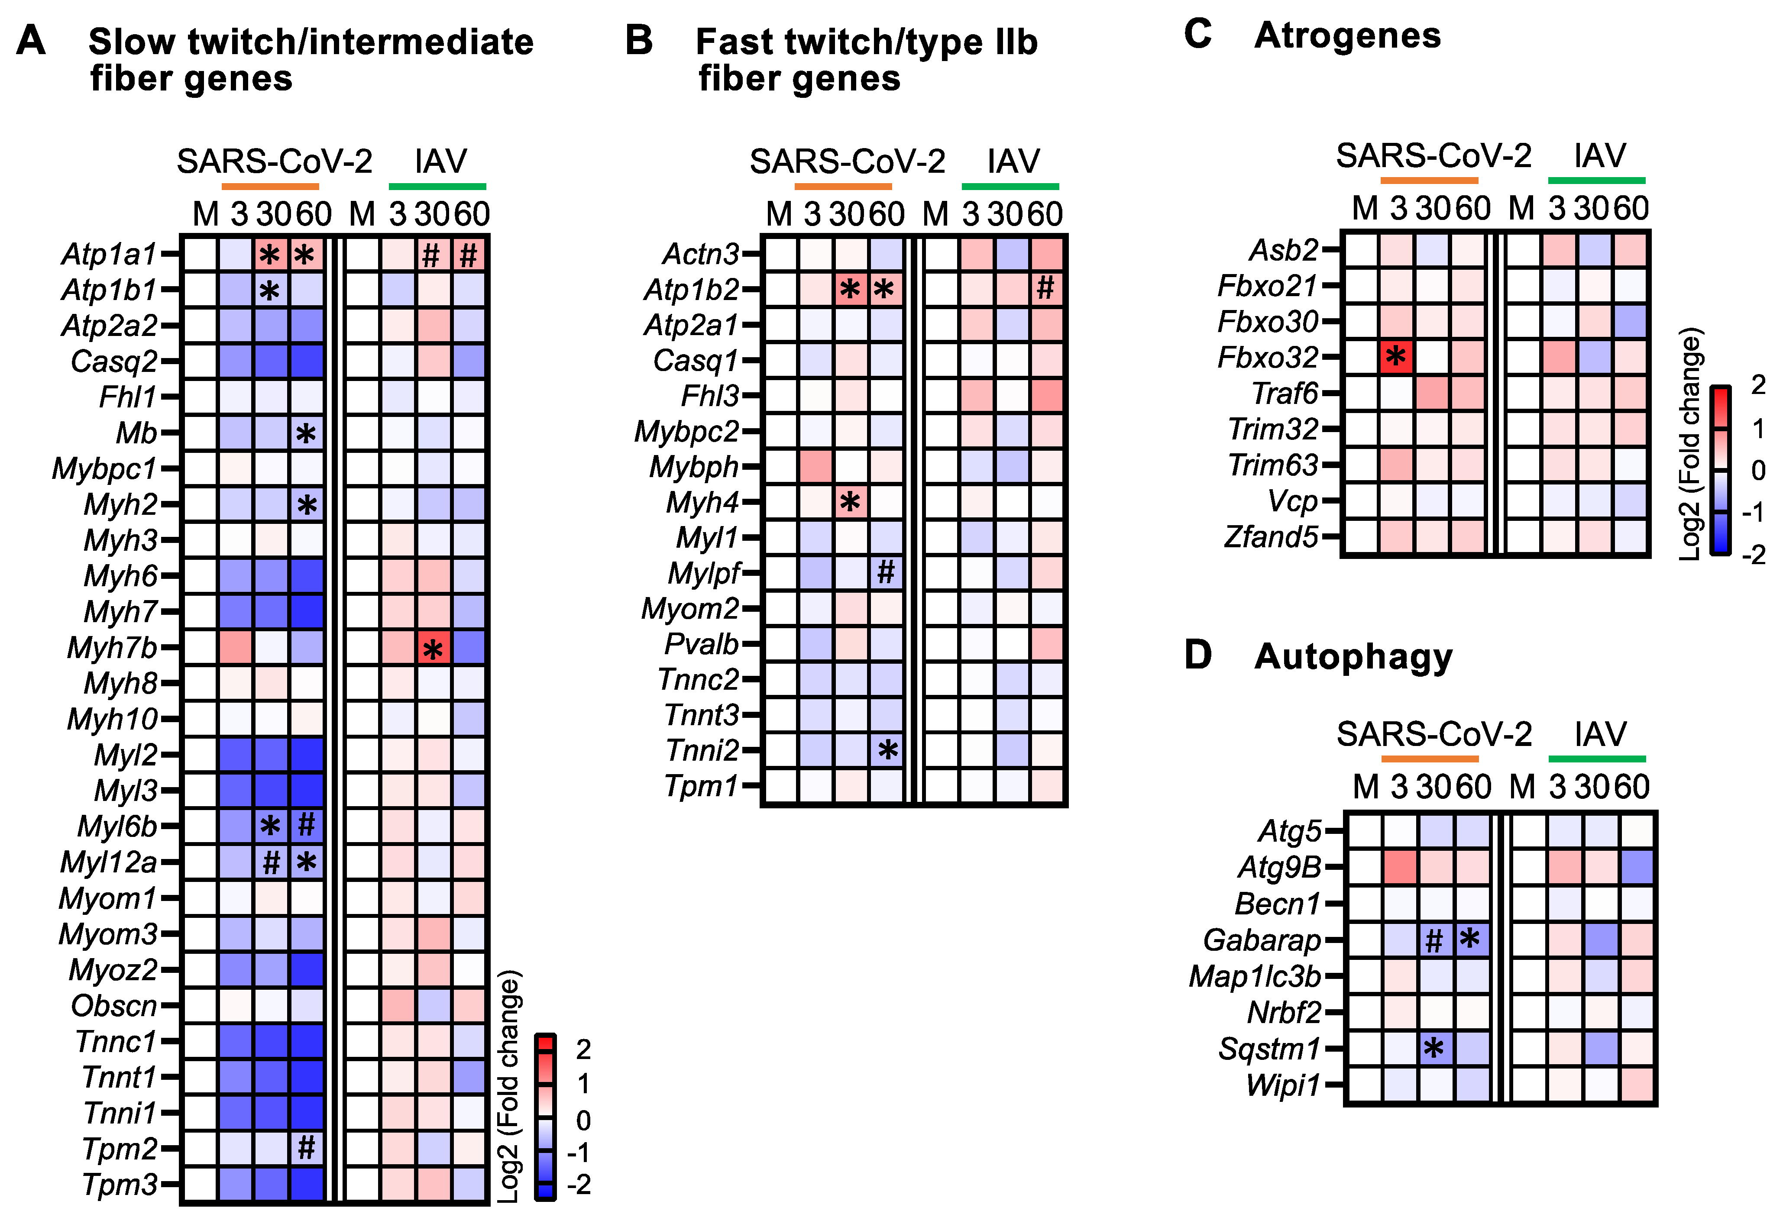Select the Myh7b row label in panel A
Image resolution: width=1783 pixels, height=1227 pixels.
click(x=112, y=647)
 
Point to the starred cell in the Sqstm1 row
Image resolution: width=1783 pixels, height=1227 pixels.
click(x=1434, y=1048)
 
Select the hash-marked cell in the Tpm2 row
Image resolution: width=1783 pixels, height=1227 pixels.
click(x=307, y=1148)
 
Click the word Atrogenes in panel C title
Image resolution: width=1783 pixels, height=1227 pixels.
click(x=1347, y=36)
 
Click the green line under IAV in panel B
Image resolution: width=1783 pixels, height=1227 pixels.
click(x=1010, y=187)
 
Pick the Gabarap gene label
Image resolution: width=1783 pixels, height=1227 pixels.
click(x=1262, y=940)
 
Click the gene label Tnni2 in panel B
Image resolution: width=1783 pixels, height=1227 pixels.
click(x=702, y=750)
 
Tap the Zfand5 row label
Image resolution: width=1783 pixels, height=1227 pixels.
click(x=1271, y=536)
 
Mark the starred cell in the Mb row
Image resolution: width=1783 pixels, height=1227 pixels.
click(x=306, y=433)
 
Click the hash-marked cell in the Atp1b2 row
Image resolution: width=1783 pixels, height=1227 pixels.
click(x=1045, y=289)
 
